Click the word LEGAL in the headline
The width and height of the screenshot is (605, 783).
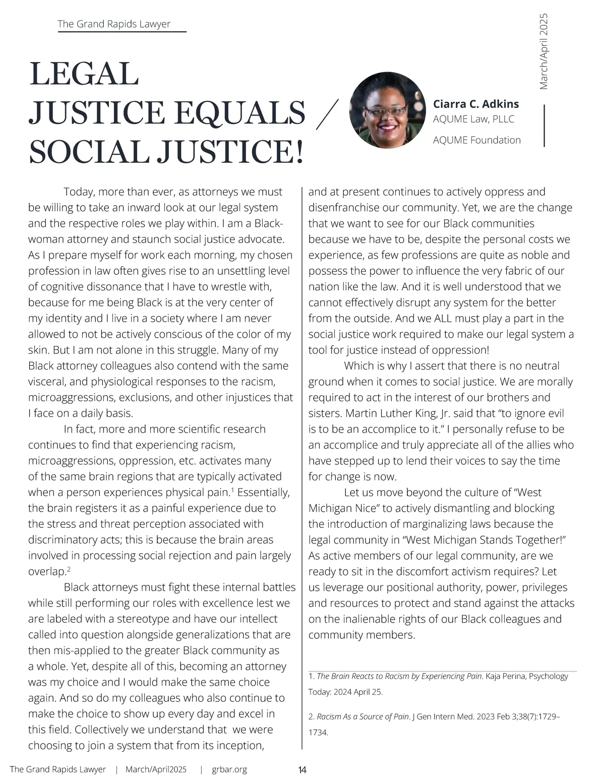click(x=84, y=74)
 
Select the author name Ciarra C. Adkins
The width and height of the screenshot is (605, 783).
click(x=475, y=104)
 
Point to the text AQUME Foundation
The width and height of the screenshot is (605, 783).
click(x=476, y=140)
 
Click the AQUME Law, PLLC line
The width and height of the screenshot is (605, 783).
click(x=473, y=119)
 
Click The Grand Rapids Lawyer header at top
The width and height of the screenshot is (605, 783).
click(x=114, y=24)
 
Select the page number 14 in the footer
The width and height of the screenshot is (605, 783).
click(x=302, y=770)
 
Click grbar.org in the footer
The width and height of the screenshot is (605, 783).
click(x=229, y=769)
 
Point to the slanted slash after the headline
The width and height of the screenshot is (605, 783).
click(x=326, y=114)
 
